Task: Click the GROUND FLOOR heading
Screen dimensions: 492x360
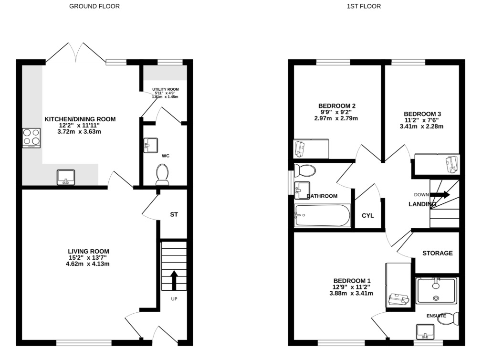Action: (94, 6)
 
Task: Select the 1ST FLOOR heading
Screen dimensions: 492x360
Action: (364, 6)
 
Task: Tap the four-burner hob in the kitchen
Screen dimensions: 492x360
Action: (31, 138)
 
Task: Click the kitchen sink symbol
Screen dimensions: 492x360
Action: (66, 177)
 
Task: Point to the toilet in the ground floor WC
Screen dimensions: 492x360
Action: (162, 174)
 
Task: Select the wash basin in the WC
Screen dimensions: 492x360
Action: (151, 145)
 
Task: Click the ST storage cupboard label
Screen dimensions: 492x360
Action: (174, 214)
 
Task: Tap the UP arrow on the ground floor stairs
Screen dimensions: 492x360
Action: (174, 280)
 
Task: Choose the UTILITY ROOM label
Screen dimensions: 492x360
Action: (166, 89)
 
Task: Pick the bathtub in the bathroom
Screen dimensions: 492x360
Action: (322, 215)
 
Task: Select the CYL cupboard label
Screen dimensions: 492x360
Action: (368, 216)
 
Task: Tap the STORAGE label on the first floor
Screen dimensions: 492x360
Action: (438, 253)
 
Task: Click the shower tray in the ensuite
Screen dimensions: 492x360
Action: (436, 291)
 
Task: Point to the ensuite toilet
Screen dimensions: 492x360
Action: (451, 319)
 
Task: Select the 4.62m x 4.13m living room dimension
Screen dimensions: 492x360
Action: (87, 264)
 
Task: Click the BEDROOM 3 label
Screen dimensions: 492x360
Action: (422, 114)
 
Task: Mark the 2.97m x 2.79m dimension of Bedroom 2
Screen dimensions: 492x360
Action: (336, 118)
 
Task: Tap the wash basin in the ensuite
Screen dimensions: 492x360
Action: (425, 332)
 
